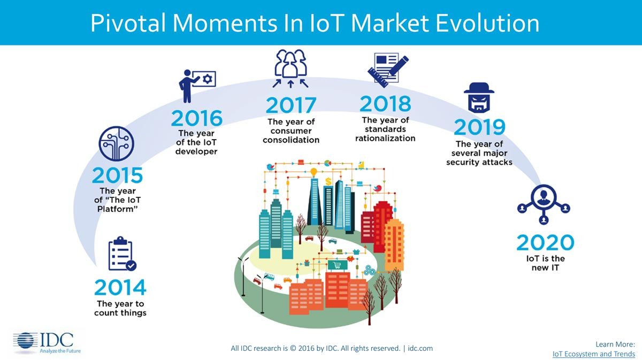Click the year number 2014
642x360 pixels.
point(120,288)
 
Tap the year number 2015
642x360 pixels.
point(117,175)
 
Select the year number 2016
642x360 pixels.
point(196,118)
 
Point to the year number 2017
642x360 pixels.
point(291,105)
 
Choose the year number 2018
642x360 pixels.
point(385,104)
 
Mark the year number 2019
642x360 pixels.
point(479,127)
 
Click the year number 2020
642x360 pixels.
point(545,243)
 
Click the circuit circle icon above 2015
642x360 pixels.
point(116,143)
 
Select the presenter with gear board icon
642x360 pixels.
point(196,85)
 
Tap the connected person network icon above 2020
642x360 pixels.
point(544,204)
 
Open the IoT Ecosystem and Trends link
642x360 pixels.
point(593,354)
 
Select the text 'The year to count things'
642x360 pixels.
point(120,309)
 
